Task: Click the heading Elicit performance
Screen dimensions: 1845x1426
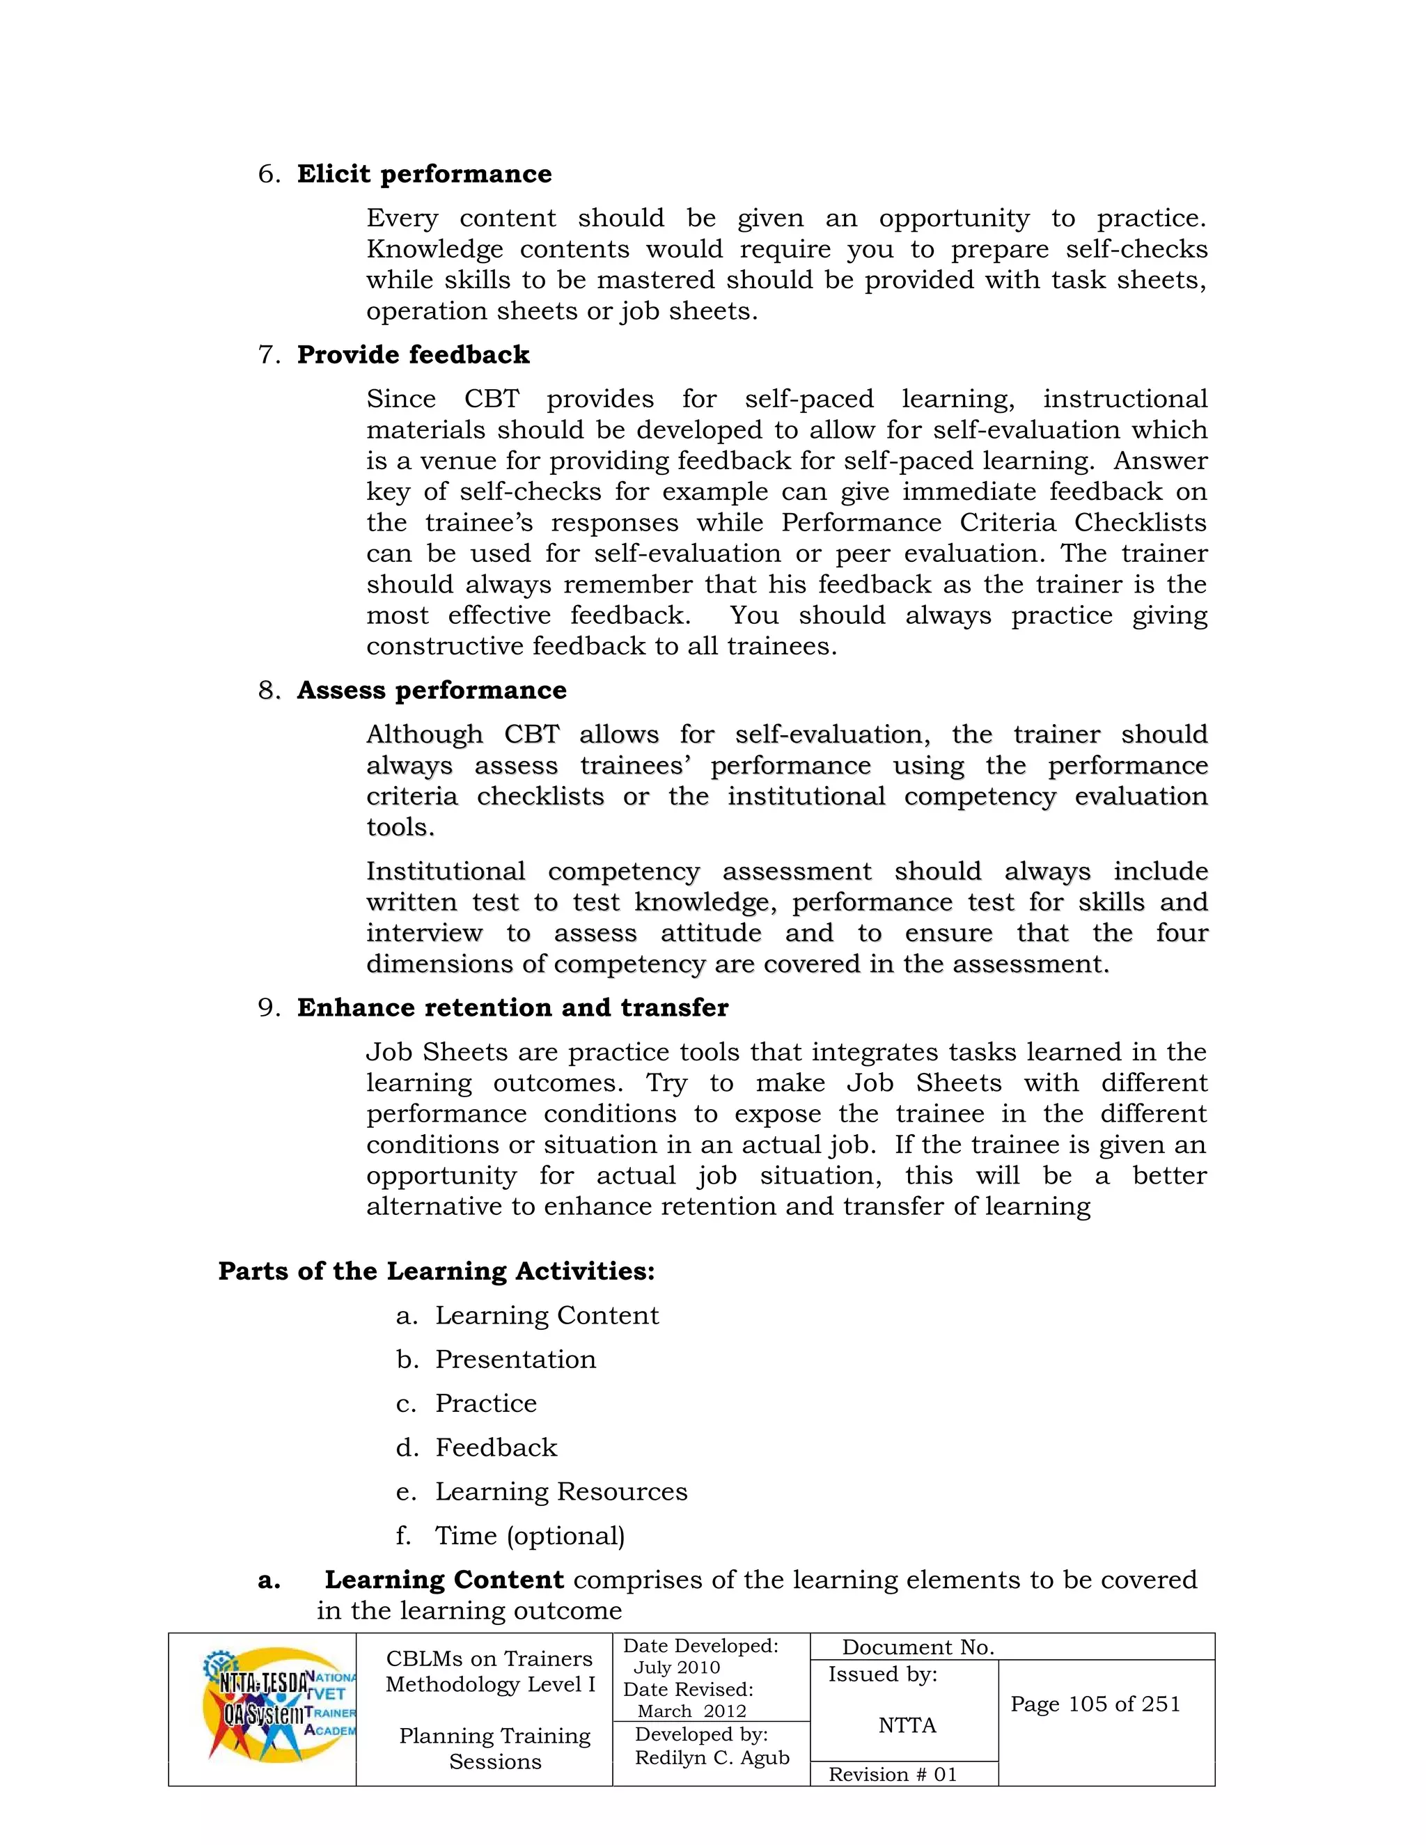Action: [424, 174]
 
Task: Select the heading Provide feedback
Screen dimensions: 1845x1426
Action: [413, 355]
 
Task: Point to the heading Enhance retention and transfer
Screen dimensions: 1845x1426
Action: [512, 1008]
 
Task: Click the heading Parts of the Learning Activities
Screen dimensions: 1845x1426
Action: [436, 1271]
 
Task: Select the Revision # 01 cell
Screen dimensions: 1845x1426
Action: [893, 1774]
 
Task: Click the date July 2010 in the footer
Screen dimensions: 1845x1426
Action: [677, 1667]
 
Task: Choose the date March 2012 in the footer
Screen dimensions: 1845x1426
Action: [692, 1711]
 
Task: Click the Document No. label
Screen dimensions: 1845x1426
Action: [918, 1647]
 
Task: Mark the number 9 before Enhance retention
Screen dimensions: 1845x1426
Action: [267, 1008]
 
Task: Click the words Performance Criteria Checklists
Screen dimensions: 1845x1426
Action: [994, 522]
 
